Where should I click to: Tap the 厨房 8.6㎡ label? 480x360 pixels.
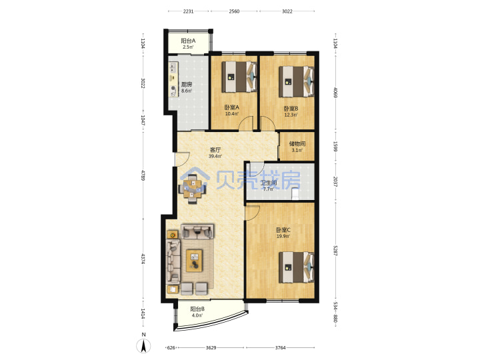[187, 87]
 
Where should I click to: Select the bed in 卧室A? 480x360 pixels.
[239, 77]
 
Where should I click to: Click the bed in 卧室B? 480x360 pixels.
[296, 81]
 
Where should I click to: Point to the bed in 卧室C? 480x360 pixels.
[296, 267]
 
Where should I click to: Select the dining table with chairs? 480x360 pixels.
[193, 189]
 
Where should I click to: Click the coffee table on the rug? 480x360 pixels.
[195, 261]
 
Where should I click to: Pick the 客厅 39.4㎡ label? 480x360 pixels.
[215, 153]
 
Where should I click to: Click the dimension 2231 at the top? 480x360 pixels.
[188, 11]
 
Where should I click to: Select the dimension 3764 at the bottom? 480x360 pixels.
[280, 347]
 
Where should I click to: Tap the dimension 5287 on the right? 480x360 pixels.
[335, 251]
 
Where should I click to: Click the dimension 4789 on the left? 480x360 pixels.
[143, 175]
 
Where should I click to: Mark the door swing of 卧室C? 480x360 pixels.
[253, 213]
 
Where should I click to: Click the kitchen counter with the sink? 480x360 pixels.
[173, 79]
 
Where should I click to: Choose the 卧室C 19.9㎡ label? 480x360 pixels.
[283, 233]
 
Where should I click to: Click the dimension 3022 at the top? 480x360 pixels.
[287, 11]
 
